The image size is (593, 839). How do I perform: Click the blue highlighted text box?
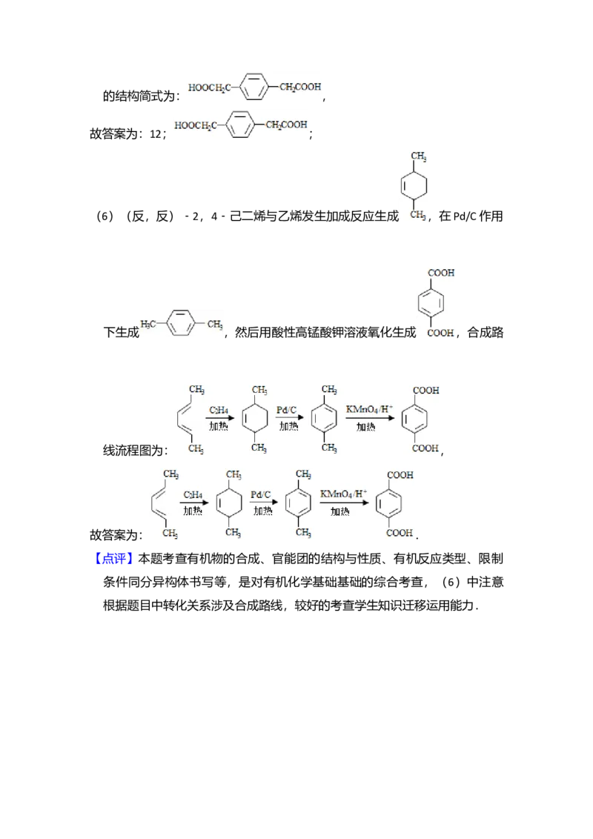tap(115, 559)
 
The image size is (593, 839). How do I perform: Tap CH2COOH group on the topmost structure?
tap(301, 87)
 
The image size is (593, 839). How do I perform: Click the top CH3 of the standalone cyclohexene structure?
tap(419, 156)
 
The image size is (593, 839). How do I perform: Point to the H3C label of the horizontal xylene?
tap(148, 324)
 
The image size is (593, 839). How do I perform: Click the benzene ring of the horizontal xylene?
tap(181, 324)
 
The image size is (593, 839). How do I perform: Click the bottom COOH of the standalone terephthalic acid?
tap(441, 334)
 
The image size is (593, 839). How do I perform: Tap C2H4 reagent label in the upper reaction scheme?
tap(219, 410)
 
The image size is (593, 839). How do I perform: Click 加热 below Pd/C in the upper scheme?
tap(288, 427)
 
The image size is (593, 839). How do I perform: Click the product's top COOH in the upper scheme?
tap(426, 391)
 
